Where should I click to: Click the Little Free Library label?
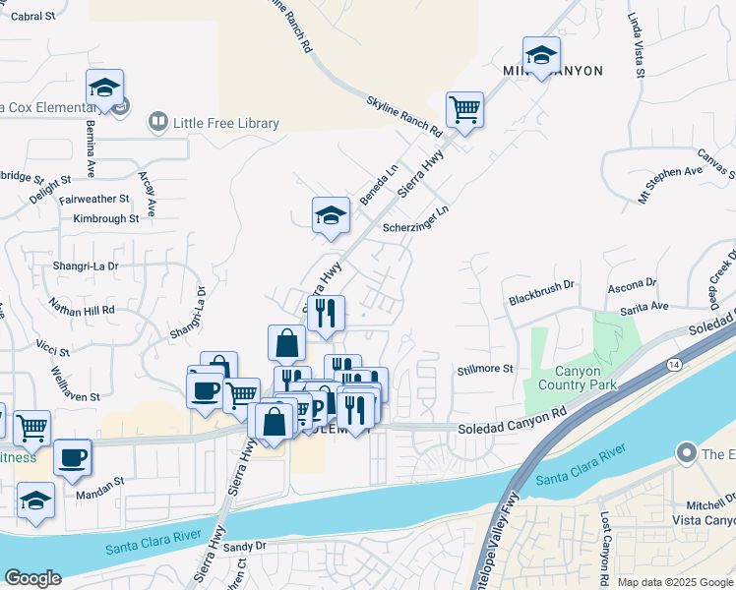tap(225, 123)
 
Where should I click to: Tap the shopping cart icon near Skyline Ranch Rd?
tap(464, 109)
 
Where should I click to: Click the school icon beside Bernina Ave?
tap(104, 88)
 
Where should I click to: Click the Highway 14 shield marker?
tap(672, 365)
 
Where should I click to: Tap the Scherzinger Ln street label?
tap(415, 218)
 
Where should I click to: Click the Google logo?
tap(32, 577)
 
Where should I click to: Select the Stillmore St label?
tap(486, 369)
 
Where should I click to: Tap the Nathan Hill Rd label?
tap(81, 309)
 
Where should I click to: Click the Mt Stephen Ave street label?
tap(672, 183)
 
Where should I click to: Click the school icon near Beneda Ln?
tap(331, 215)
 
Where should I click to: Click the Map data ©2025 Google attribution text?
tap(674, 582)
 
